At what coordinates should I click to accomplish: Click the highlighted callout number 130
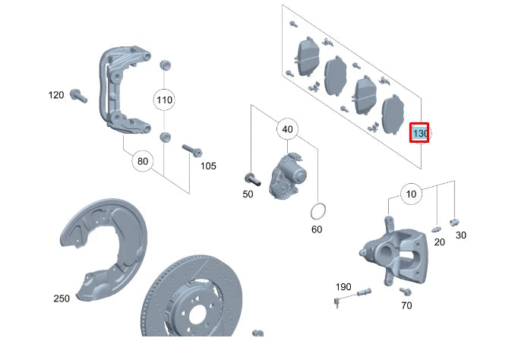point(419,133)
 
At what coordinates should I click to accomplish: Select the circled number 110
point(164,99)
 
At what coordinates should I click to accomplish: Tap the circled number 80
point(142,161)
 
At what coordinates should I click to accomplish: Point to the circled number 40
point(287,129)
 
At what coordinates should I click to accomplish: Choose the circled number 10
point(411,194)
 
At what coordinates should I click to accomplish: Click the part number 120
point(56,95)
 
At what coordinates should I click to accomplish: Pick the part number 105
point(208,166)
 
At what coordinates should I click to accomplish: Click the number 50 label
point(248,194)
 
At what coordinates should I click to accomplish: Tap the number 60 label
point(317,229)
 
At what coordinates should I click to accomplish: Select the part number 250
point(62,298)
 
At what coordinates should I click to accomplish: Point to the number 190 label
point(343,286)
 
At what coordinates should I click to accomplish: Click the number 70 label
point(406,305)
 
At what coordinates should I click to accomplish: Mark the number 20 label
point(440,242)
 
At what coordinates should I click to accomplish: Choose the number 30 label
point(461,235)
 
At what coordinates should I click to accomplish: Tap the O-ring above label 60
point(320,210)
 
